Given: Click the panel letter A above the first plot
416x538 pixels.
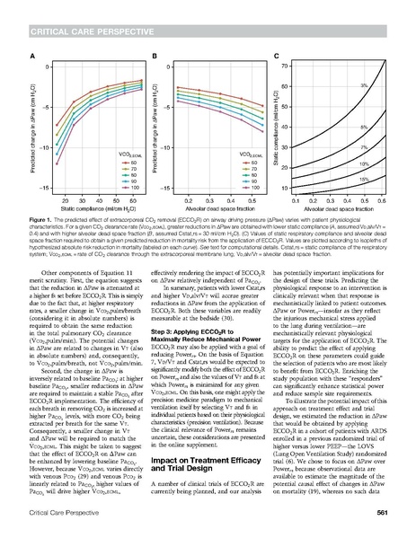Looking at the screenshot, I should pos(33,56).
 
